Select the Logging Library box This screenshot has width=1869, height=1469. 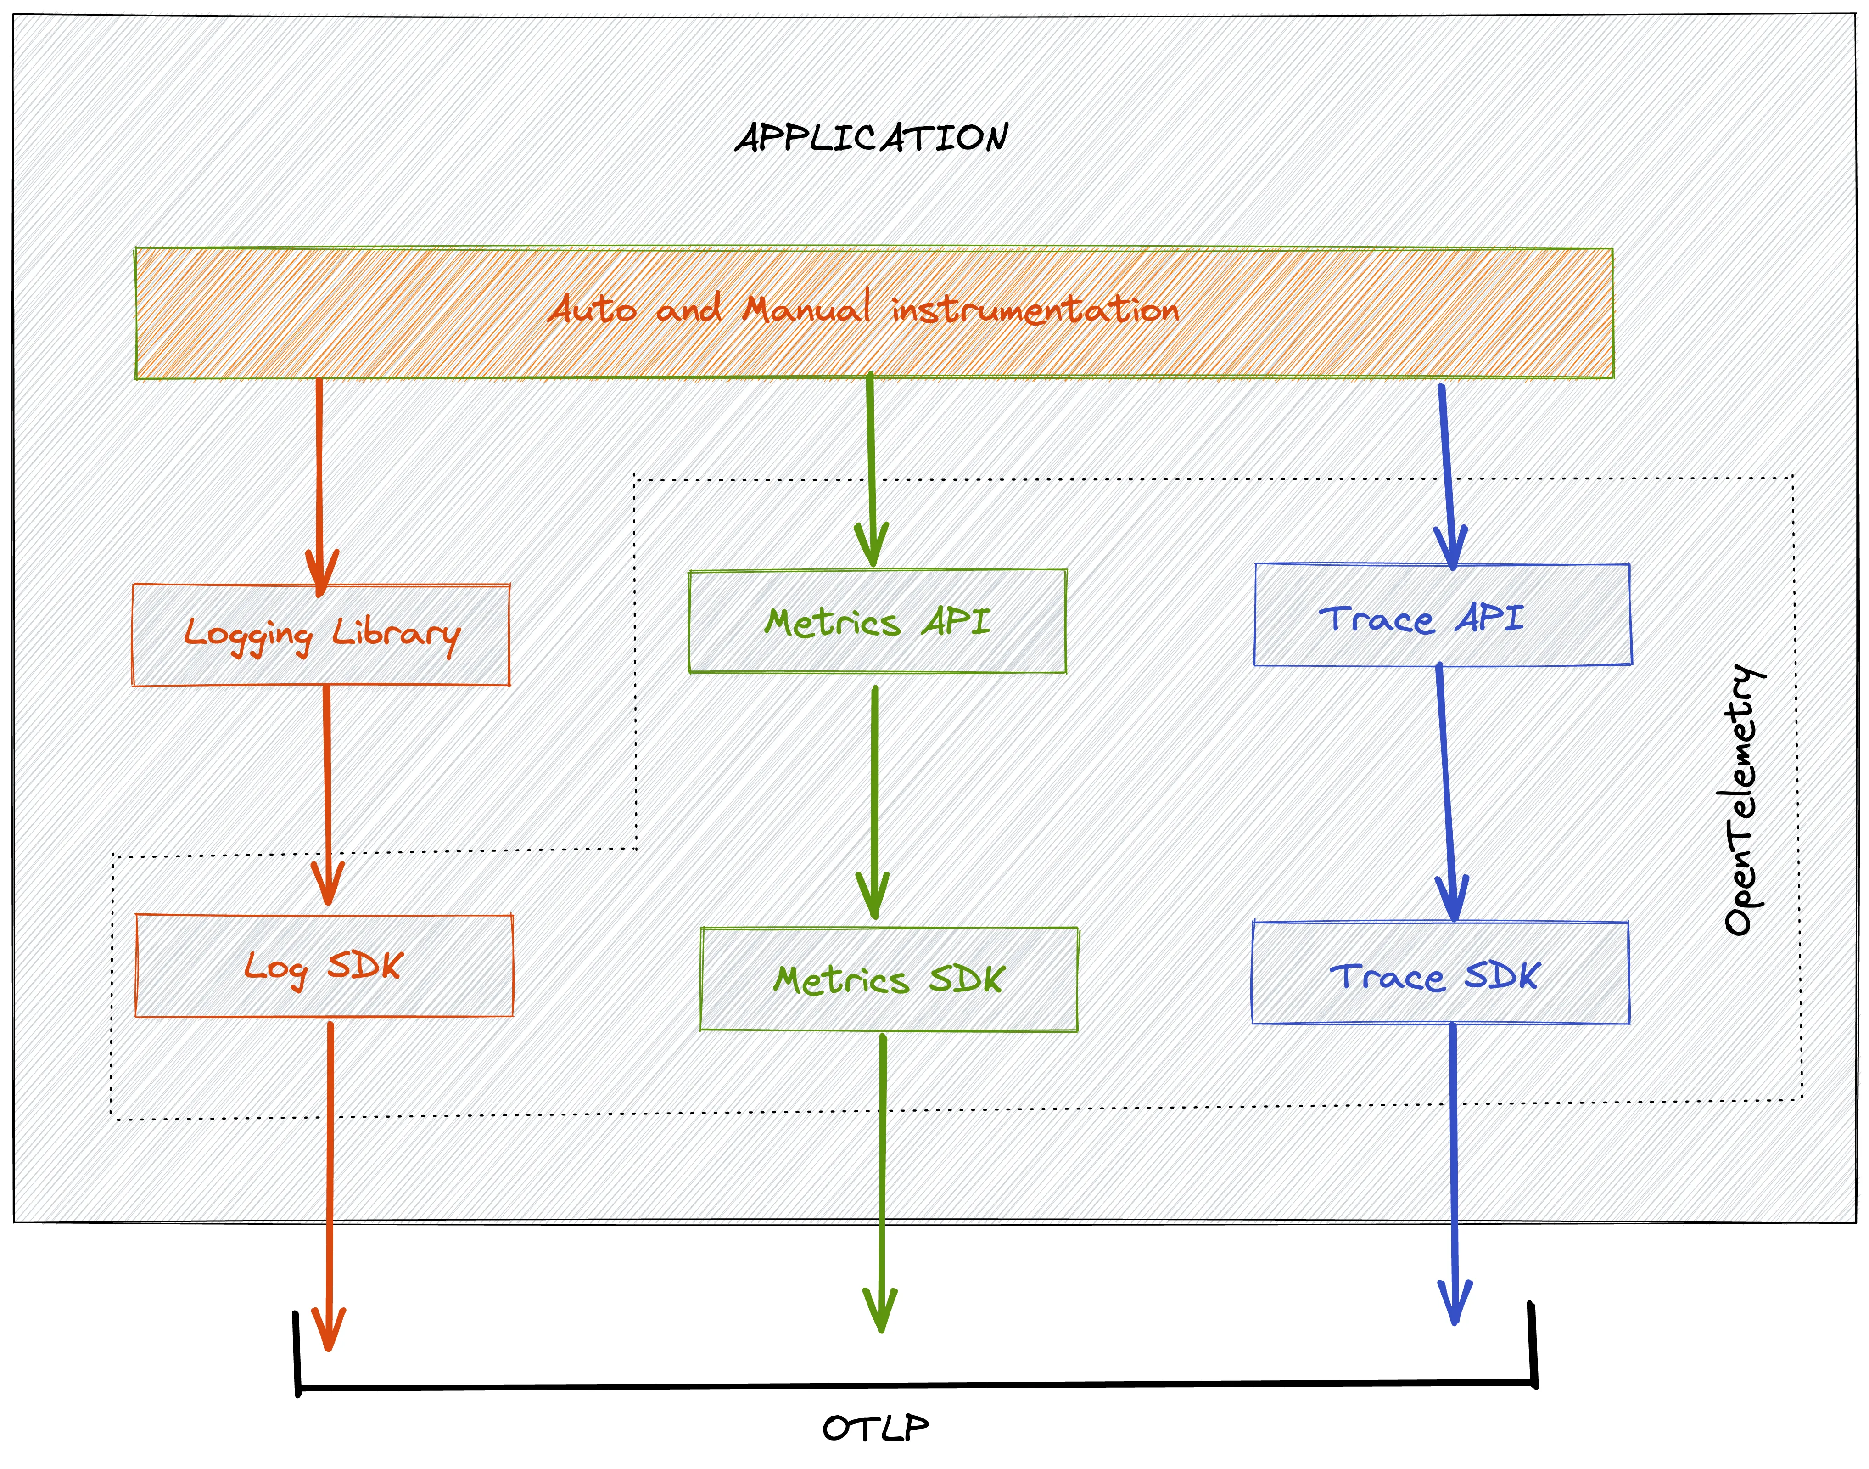[x=321, y=635]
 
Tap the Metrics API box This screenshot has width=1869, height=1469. [x=877, y=621]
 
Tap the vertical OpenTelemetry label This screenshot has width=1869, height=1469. [x=1744, y=800]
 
